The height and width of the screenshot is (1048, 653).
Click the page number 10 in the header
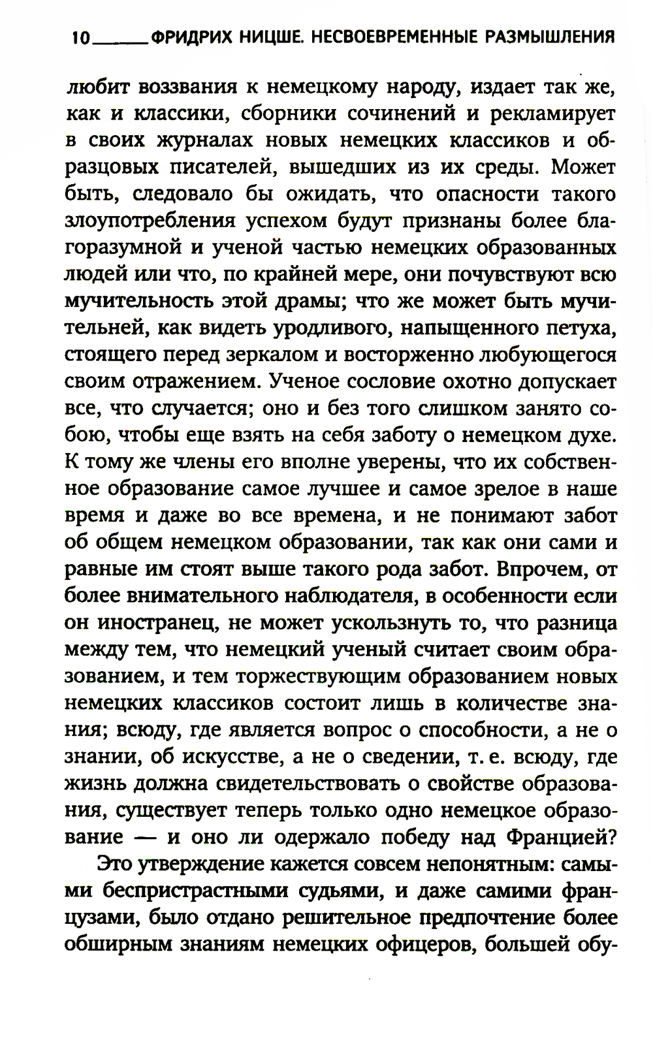[81, 38]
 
